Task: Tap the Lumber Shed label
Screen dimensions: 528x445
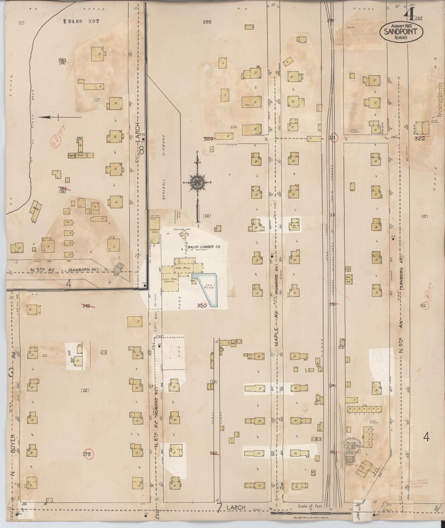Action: (154, 230)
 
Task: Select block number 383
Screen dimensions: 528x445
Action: (62, 60)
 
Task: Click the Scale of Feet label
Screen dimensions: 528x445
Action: (311, 506)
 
